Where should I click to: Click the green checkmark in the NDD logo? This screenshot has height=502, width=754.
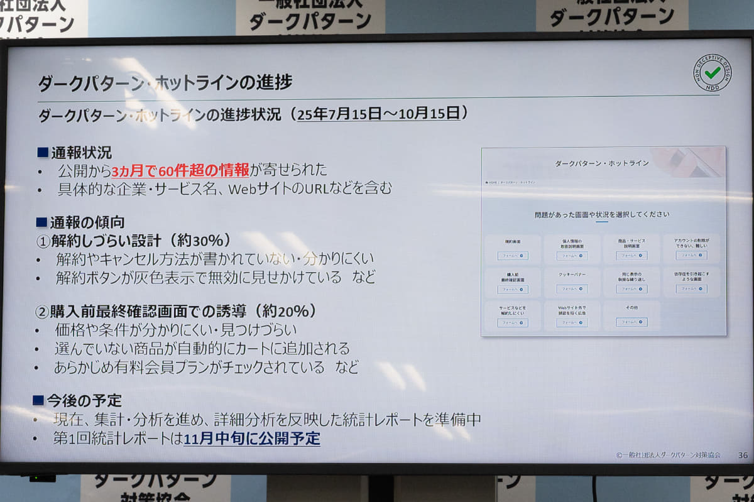[x=712, y=73]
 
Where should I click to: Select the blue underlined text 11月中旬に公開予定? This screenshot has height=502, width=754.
[x=252, y=439]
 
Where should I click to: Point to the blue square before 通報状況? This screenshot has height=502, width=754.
[x=43, y=151]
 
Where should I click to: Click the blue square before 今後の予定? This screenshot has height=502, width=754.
[x=38, y=400]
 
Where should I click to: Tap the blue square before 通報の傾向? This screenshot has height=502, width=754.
[x=42, y=222]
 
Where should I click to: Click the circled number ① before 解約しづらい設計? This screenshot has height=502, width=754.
[x=42, y=241]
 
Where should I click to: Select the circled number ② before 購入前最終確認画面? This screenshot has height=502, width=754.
[x=42, y=312]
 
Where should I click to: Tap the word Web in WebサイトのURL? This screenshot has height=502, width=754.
[x=242, y=188]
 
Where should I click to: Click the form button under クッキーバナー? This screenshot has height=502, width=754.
[x=572, y=289]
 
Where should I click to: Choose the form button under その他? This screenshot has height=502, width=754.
[x=631, y=322]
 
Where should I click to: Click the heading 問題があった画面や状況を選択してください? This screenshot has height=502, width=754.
[x=602, y=214]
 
